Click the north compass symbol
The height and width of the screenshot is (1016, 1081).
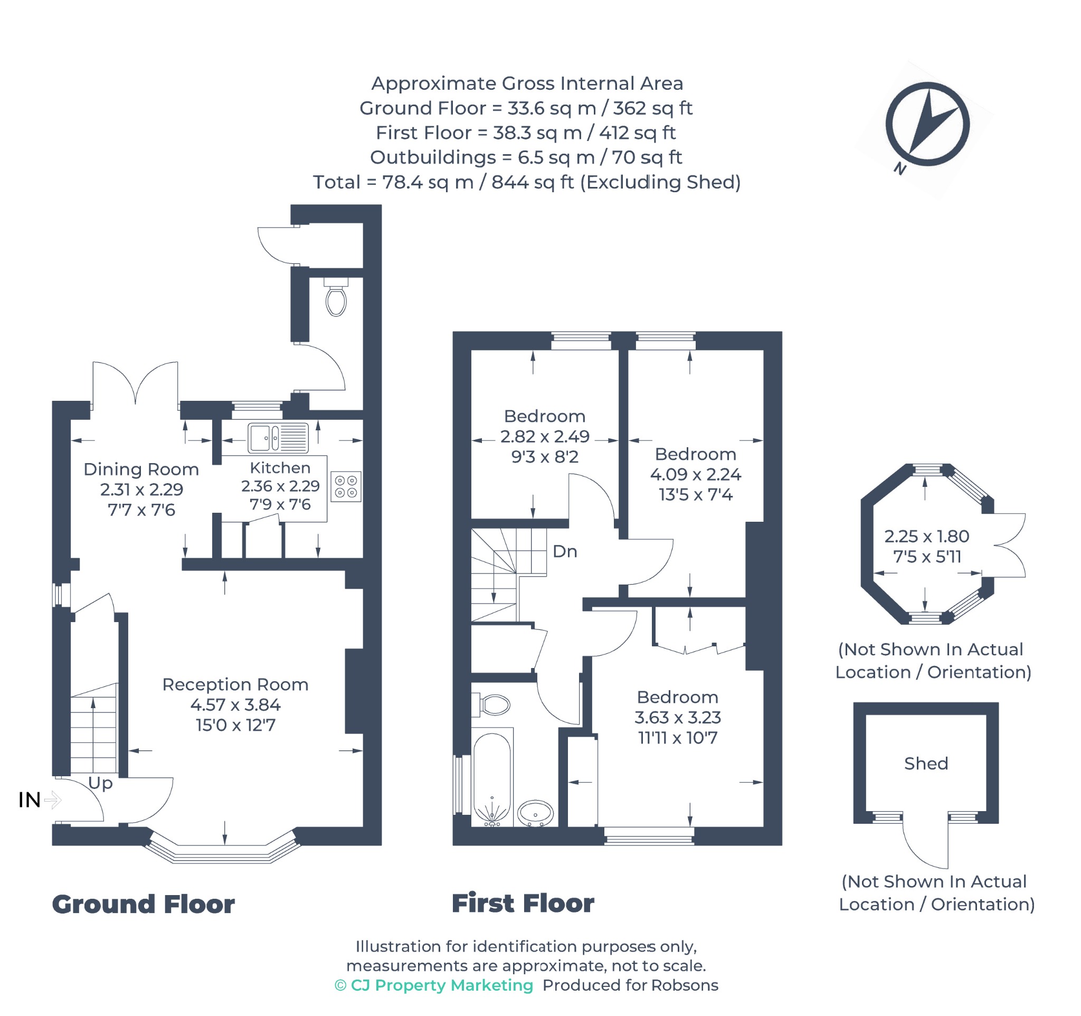click(x=927, y=124)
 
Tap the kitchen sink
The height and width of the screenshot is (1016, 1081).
click(x=278, y=438)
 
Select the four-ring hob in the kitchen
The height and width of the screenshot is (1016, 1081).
click(x=346, y=486)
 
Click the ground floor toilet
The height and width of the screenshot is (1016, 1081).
click(x=336, y=297)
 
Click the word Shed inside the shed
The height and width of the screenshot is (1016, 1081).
click(x=925, y=763)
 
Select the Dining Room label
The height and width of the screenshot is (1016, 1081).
click(x=141, y=469)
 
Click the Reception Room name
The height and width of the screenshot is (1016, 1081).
click(x=235, y=684)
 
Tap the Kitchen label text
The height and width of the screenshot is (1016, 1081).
click(x=280, y=468)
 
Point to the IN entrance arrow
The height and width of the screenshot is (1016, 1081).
click(x=52, y=799)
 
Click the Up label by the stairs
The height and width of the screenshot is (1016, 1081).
click(x=100, y=784)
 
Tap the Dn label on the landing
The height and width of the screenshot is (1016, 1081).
click(x=564, y=551)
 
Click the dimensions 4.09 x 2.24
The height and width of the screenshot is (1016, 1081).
click(x=695, y=474)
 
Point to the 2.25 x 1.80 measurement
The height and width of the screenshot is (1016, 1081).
click(x=926, y=537)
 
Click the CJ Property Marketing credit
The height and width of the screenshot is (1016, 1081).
click(x=434, y=985)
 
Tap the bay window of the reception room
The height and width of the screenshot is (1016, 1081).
click(x=222, y=847)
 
